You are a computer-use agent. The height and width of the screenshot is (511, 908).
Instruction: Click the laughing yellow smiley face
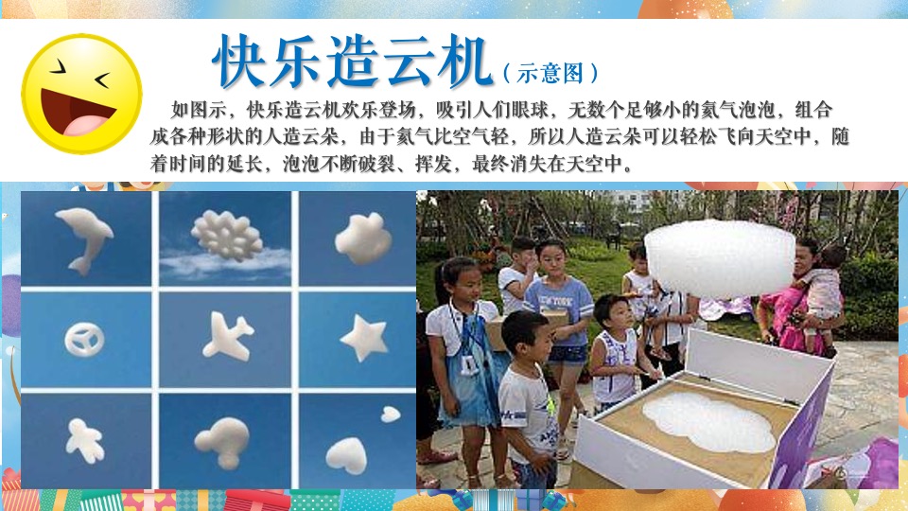point(81,95)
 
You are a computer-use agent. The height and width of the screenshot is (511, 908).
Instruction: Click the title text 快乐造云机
point(352,62)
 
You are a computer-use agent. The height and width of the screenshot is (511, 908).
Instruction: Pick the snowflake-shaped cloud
point(226,234)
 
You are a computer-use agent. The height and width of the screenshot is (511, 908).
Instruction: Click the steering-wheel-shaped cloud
point(84,338)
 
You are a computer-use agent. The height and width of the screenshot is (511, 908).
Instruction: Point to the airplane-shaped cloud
point(227,336)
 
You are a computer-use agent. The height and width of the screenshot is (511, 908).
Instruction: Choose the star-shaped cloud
point(364,337)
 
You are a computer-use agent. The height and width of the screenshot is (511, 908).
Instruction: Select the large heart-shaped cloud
point(346,455)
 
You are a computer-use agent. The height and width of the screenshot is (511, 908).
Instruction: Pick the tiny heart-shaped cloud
point(390,414)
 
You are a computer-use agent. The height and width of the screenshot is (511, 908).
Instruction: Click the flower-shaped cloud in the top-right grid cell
point(362,237)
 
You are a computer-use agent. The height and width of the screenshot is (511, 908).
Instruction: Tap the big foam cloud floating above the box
point(719,256)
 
